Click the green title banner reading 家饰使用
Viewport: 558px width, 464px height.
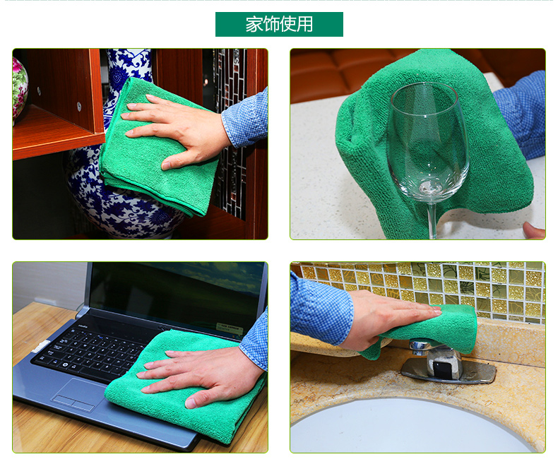click(279, 24)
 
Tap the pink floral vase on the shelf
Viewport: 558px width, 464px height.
click(19, 90)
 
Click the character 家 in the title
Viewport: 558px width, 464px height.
click(254, 24)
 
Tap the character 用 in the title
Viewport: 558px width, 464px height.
click(304, 24)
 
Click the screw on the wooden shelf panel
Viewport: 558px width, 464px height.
click(79, 106)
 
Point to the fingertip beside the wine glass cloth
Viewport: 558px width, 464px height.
click(533, 230)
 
